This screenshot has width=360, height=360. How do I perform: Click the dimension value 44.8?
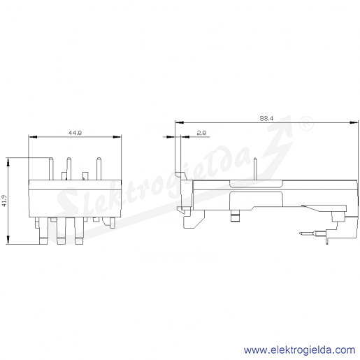point(75,133)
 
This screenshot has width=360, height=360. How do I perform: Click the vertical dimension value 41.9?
point(4,201)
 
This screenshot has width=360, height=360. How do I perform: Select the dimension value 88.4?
point(266,118)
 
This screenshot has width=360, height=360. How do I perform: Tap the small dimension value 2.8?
point(201,133)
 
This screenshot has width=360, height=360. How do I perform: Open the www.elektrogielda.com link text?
point(300,350)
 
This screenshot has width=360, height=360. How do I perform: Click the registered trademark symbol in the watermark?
point(306,124)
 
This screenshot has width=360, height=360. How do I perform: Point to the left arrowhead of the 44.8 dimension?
point(33,137)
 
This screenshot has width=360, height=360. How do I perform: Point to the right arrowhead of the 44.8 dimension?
point(117,137)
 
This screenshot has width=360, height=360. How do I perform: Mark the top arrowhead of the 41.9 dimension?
point(8,162)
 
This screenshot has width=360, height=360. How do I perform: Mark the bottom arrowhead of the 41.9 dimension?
point(8,240)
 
